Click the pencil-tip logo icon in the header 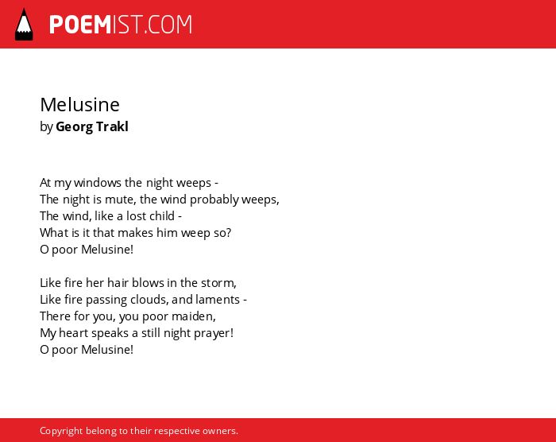point(24,25)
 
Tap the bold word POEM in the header point(80,25)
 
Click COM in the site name point(169,25)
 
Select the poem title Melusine point(79,104)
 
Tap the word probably point(214,200)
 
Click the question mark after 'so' point(229,233)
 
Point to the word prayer point(214,333)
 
